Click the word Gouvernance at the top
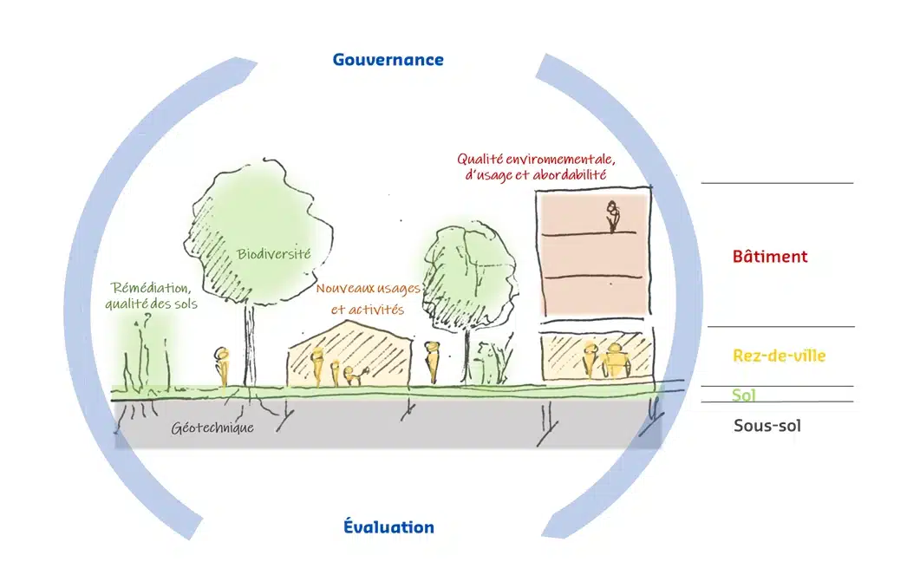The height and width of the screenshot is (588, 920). click(x=388, y=60)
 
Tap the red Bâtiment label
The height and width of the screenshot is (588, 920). click(x=770, y=256)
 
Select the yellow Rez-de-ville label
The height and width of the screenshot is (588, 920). click(x=780, y=355)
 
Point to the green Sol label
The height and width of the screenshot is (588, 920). click(x=743, y=395)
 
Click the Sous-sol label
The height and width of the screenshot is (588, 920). click(x=767, y=426)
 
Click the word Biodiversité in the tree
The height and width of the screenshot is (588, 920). click(x=273, y=253)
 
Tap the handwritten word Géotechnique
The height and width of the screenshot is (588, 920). click(x=212, y=428)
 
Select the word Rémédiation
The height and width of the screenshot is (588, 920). click(x=152, y=288)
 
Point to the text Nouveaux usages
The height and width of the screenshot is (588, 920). click(x=369, y=289)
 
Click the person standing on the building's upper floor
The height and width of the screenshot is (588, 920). click(x=613, y=217)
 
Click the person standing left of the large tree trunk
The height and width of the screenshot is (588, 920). click(x=222, y=367)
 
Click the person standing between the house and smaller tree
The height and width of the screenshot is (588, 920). click(x=432, y=362)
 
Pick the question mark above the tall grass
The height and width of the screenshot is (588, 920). click(x=147, y=318)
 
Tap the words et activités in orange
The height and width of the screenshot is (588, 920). click(x=368, y=310)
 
